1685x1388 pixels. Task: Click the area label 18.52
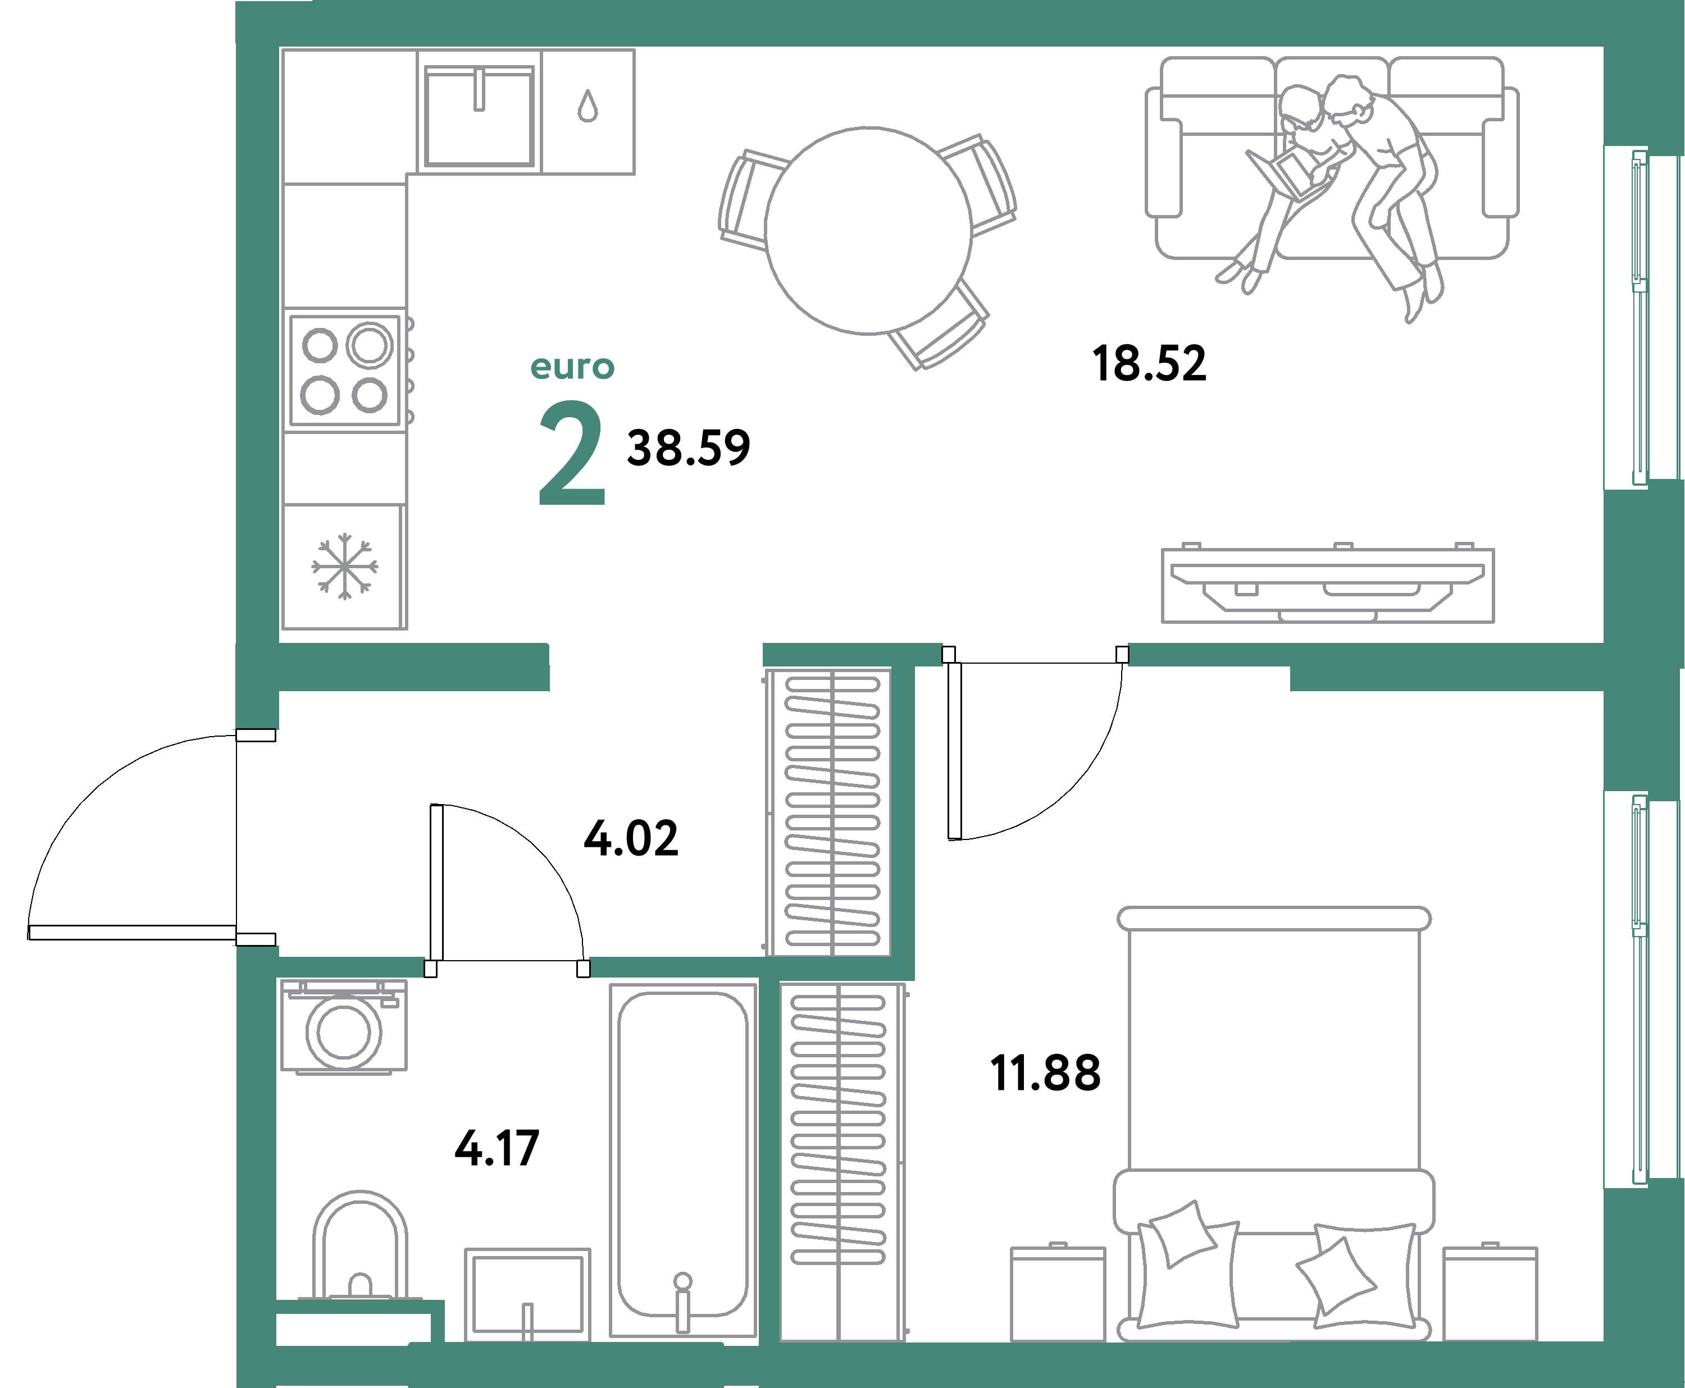click(x=1149, y=364)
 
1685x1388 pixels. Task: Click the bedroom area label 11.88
click(x=1045, y=1073)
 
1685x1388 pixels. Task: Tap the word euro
click(x=572, y=367)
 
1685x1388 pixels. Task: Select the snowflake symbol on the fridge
click(x=344, y=566)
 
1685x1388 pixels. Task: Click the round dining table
click(x=868, y=230)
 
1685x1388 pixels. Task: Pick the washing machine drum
click(x=344, y=1031)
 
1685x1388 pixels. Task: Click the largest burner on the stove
click(x=370, y=345)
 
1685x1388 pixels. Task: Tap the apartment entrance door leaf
click(x=132, y=932)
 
